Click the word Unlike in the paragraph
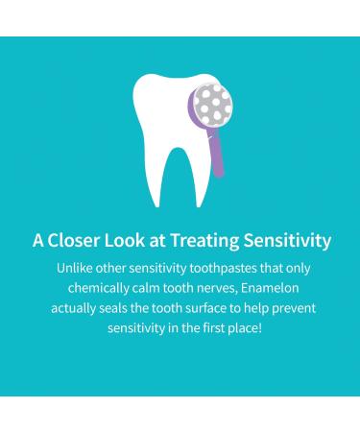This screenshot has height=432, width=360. (77, 267)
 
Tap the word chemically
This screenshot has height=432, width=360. (98, 287)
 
